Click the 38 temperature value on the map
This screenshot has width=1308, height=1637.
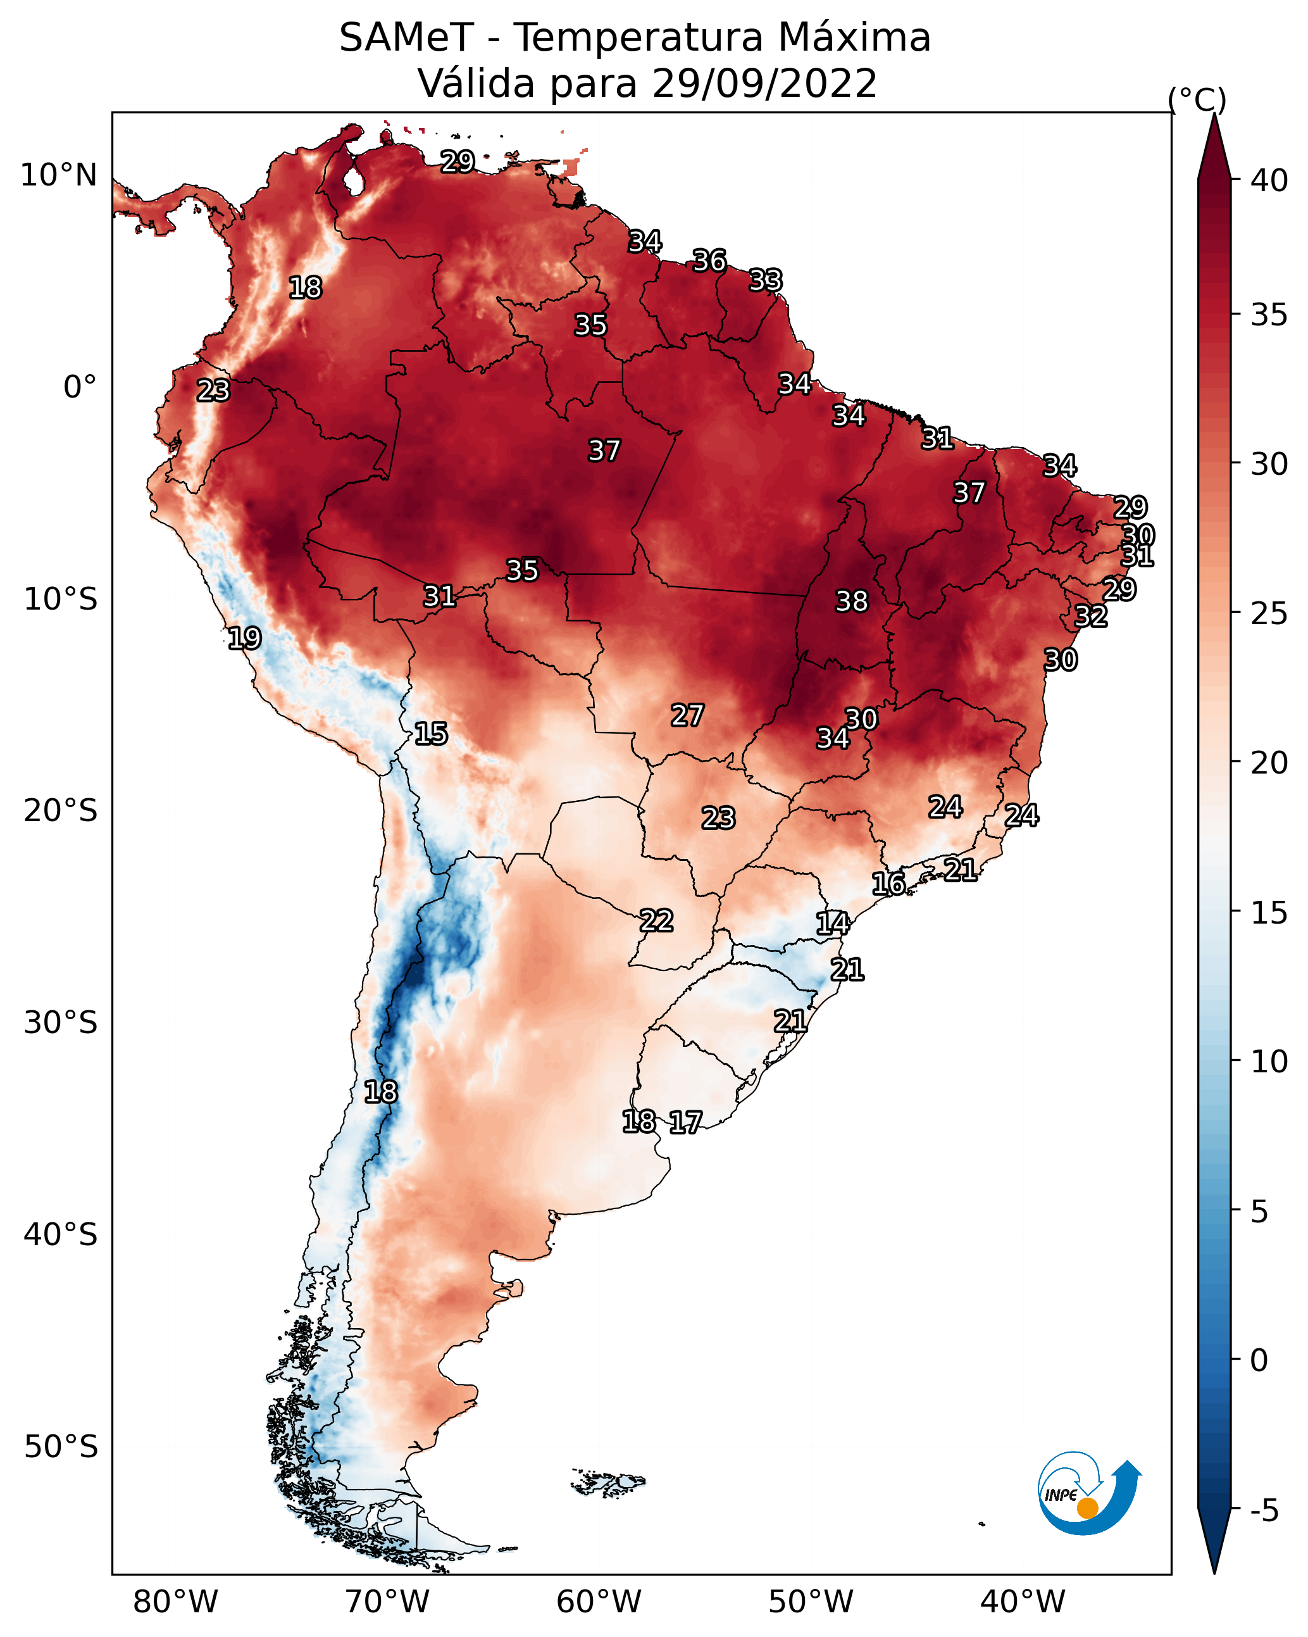851,601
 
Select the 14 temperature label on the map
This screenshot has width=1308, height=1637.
832,924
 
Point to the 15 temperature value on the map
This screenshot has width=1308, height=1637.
430,734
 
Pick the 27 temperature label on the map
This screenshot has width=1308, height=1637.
687,715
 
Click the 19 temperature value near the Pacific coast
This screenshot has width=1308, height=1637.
244,638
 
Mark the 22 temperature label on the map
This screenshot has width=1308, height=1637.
656,921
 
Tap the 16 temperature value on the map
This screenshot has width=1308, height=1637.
888,884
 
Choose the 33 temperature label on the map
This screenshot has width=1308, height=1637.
765,280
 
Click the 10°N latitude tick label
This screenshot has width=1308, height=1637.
58,175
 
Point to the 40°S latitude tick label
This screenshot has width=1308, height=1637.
61,1234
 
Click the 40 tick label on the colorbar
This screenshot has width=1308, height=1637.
1269,180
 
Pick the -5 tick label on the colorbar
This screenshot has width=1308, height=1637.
1264,1510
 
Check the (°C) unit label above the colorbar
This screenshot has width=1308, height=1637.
1197,99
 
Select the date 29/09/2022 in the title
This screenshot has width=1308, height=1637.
764,84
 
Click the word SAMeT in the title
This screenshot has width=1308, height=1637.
407,38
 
